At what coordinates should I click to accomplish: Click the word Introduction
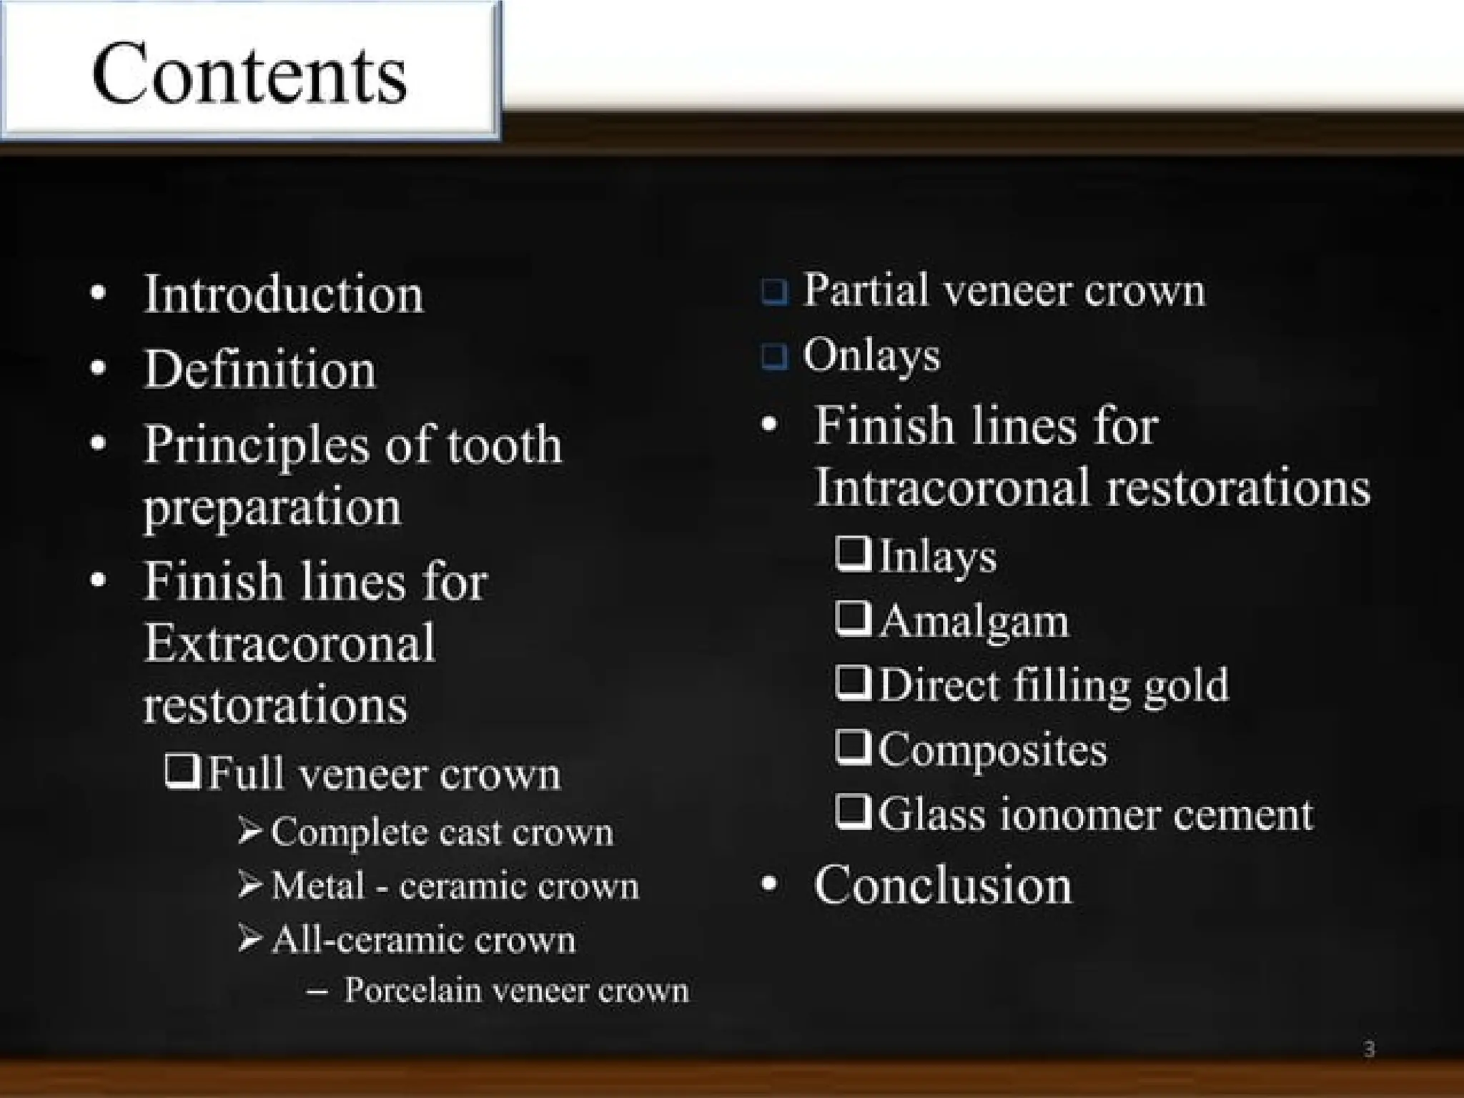tap(283, 295)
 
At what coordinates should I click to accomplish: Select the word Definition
tap(259, 370)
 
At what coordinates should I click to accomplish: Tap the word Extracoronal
tap(290, 643)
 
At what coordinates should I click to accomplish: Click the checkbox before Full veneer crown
tap(182, 772)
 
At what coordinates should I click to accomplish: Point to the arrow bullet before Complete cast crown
tap(250, 831)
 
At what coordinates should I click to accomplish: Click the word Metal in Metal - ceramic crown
tap(318, 886)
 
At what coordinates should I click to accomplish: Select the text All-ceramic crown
tap(423, 939)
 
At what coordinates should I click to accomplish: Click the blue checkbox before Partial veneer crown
tap(775, 292)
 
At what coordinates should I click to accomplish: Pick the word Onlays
tap(871, 355)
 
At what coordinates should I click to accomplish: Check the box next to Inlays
tap(853, 554)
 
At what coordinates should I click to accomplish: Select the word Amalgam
tap(974, 620)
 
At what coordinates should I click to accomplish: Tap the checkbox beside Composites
tap(853, 747)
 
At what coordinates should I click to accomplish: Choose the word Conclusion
tap(942, 885)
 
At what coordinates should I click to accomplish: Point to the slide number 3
tap(1368, 1049)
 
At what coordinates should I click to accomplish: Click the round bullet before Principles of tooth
tap(99, 443)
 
